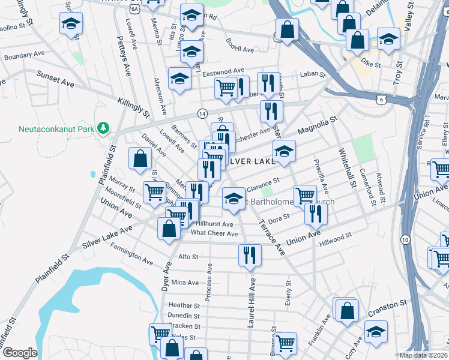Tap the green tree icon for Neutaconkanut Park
[104, 128]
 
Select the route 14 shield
[202, 113]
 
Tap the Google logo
[20, 353]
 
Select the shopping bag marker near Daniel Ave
[140, 158]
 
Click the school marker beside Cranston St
[375, 330]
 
